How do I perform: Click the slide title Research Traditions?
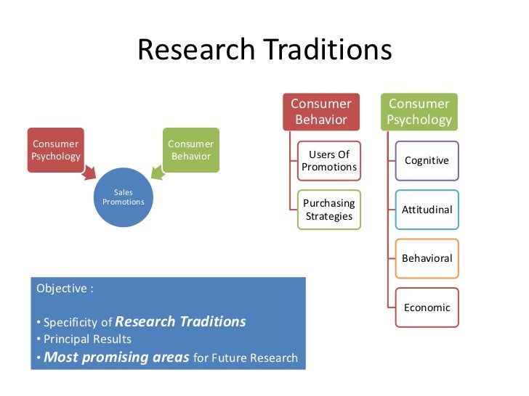(264, 50)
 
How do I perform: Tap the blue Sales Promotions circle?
(123, 197)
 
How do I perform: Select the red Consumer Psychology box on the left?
(56, 150)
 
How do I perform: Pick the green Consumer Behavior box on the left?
(190, 150)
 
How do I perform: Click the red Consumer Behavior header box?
(321, 112)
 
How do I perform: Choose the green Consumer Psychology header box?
(419, 112)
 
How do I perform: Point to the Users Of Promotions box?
(329, 161)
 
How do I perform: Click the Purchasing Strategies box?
(329, 210)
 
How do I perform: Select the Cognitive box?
(427, 161)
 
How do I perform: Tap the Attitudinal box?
(427, 210)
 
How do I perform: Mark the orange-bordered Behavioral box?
(427, 258)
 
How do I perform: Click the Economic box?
(427, 308)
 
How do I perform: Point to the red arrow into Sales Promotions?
(89, 173)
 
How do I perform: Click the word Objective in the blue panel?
(62, 288)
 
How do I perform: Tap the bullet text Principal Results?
(87, 339)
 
